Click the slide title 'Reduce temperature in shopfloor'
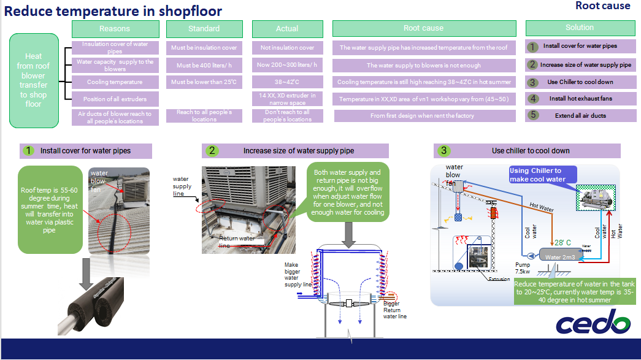click(114, 11)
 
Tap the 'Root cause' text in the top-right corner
click(602, 6)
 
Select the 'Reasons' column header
click(115, 29)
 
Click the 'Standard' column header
click(204, 29)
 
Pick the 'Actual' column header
click(287, 29)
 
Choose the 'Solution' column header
click(579, 28)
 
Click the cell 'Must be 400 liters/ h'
click(204, 65)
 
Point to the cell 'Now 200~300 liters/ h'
click(287, 65)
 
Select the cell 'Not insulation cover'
click(287, 48)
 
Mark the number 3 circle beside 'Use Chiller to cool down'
click(533, 82)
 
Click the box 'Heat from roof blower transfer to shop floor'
click(34, 80)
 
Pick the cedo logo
click(593, 324)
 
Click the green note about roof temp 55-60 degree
click(50, 209)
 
